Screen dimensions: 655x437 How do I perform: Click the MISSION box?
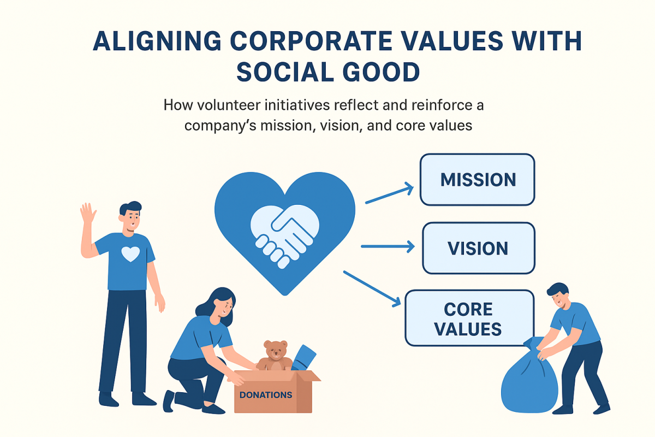[477, 179]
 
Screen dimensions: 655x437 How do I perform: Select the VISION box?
[479, 248]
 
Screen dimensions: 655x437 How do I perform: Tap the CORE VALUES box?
[469, 318]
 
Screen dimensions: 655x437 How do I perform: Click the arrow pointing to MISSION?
[390, 193]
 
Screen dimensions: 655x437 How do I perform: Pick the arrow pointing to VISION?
[388, 246]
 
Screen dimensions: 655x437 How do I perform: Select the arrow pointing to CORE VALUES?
[372, 289]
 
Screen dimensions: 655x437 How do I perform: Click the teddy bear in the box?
[275, 356]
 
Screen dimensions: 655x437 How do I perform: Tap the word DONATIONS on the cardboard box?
[265, 395]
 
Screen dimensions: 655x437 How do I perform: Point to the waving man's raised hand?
[88, 213]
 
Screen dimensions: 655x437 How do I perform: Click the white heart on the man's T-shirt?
[130, 254]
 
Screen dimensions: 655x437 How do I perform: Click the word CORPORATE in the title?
[311, 40]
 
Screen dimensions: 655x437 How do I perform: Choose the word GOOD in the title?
[382, 72]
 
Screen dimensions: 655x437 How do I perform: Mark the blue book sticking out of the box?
[303, 358]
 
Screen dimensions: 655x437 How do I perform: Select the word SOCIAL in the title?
[285, 72]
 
